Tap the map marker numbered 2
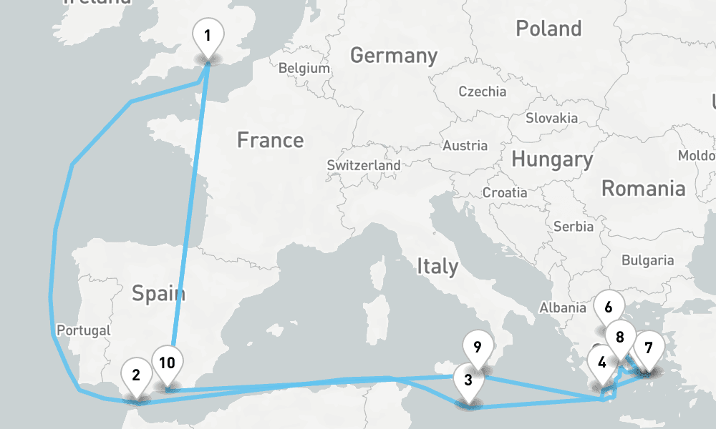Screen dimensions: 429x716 (135, 375)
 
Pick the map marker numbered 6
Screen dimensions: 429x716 (608, 308)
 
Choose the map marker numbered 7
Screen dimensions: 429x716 (648, 349)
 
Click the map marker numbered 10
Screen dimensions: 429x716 (167, 363)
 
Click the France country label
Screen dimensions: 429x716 (270, 140)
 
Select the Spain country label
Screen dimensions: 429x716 (158, 293)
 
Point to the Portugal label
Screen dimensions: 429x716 (84, 330)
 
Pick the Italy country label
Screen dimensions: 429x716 (437, 267)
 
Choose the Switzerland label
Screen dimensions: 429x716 (364, 165)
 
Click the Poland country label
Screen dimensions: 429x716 (548, 29)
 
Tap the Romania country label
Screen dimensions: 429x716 (643, 189)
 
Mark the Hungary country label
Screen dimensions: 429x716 (552, 159)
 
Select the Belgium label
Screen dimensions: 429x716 (304, 69)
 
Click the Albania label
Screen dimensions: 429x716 (563, 307)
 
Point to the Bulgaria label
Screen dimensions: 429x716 (647, 261)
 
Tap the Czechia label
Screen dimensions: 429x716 (482, 92)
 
